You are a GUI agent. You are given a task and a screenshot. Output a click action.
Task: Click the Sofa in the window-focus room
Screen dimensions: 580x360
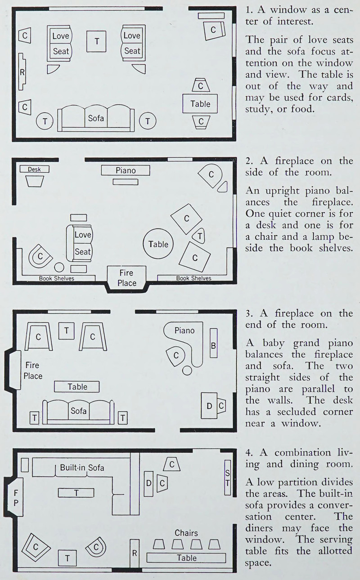[x=96, y=119]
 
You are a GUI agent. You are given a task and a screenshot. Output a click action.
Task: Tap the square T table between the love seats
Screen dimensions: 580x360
[x=97, y=41]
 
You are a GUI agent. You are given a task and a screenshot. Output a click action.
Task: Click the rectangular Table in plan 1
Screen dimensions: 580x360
[x=200, y=103]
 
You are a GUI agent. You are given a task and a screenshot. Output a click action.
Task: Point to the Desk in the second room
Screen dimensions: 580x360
[x=34, y=169]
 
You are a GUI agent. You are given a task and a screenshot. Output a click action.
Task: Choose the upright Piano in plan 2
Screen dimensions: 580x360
[x=125, y=170]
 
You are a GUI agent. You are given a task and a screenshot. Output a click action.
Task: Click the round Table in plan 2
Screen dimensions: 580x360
[x=158, y=244]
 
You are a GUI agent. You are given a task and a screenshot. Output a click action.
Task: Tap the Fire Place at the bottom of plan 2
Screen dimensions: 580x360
[x=127, y=278]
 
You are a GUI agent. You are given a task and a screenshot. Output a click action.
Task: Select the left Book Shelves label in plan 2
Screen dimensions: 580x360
[x=57, y=278]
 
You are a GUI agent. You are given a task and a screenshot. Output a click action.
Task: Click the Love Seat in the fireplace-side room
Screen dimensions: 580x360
[x=82, y=243]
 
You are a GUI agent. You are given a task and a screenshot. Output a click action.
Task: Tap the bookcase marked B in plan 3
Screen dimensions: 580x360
[x=214, y=345]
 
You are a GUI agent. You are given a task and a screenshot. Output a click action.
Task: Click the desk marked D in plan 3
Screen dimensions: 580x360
[x=209, y=406]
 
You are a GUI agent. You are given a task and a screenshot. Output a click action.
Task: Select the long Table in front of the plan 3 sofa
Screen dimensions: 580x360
[x=77, y=387]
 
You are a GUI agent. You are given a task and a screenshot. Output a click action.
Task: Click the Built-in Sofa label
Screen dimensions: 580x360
[x=82, y=468]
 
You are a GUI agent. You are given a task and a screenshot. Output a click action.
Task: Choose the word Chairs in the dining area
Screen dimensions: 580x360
[x=186, y=533]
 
